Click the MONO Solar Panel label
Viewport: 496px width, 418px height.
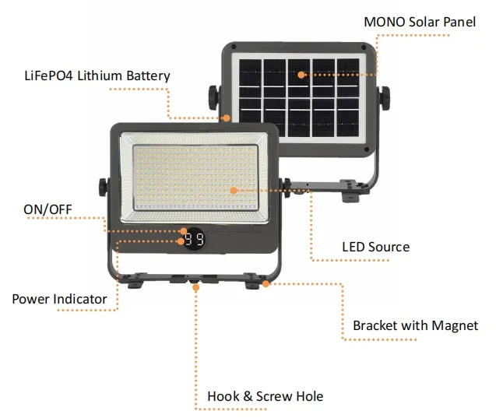click(x=420, y=22)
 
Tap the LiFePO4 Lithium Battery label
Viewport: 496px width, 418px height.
click(x=97, y=76)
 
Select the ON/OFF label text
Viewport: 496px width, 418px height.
click(x=47, y=209)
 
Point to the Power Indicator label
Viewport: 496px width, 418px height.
click(x=59, y=299)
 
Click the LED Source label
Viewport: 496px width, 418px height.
click(x=376, y=247)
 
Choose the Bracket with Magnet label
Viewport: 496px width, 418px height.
click(x=415, y=325)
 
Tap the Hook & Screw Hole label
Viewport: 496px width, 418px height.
click(x=265, y=396)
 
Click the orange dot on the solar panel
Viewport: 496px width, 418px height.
click(x=301, y=75)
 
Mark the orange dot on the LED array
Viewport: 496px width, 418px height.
click(x=234, y=191)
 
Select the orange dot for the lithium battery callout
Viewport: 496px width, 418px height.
click(x=227, y=118)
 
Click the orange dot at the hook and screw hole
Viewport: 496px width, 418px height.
click(x=196, y=287)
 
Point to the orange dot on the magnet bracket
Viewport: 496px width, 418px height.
click(x=266, y=283)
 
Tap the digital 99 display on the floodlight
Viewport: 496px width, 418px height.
click(x=194, y=239)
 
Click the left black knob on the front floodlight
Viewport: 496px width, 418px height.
click(x=103, y=187)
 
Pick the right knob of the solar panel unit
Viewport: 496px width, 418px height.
click(x=385, y=98)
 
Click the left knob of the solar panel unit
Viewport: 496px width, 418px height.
click(x=213, y=98)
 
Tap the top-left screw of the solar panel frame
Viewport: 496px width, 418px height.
click(x=234, y=47)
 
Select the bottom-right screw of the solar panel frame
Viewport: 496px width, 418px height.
click(x=367, y=149)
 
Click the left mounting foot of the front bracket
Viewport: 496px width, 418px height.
click(x=135, y=283)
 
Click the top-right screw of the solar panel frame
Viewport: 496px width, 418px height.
click(x=364, y=47)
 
